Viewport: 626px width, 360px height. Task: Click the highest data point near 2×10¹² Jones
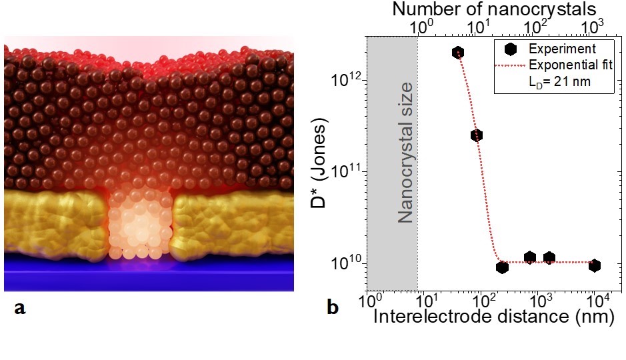[457, 52]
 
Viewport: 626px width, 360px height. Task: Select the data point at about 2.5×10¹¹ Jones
[476, 135]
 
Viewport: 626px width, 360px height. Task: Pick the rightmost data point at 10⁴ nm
[594, 265]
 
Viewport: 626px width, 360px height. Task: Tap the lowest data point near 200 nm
[502, 267]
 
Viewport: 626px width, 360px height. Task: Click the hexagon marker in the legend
[509, 49]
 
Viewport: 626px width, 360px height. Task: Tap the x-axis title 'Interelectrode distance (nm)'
[493, 317]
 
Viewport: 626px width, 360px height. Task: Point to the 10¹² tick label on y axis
[347, 79]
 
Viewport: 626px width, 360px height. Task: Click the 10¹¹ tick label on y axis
[347, 171]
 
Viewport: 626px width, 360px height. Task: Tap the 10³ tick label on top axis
[592, 27]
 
